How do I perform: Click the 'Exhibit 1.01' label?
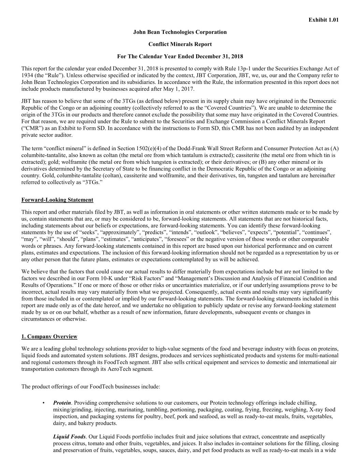pyautogui.click(x=323, y=20)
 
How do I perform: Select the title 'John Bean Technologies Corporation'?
pyautogui.click(x=180, y=32)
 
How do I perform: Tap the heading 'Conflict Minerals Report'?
pyautogui.click(x=180, y=44)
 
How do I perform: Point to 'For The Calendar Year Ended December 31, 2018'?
pyautogui.click(x=180, y=56)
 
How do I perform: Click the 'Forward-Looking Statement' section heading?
pyautogui.click(x=57, y=200)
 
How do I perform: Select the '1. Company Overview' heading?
pyautogui.click(x=49, y=337)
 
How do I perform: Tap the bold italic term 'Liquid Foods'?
pyautogui.click(x=69, y=437)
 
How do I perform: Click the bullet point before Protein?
pyautogui.click(x=44, y=403)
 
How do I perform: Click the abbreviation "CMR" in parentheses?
pyautogui.click(x=33, y=128)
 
